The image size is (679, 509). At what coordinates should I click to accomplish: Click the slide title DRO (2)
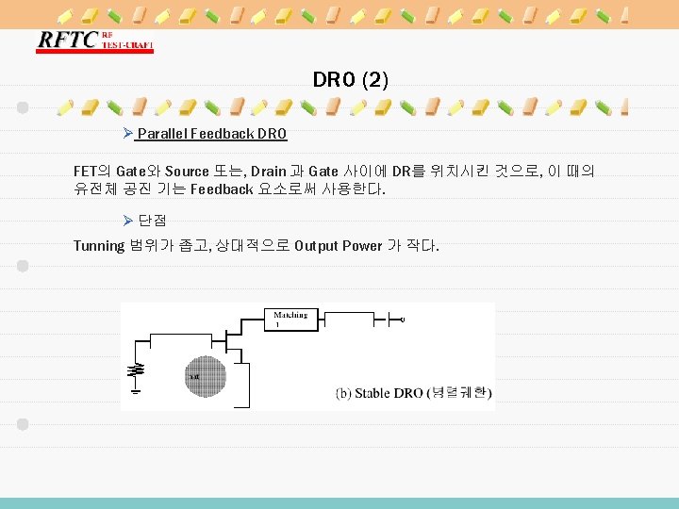pyautogui.click(x=350, y=80)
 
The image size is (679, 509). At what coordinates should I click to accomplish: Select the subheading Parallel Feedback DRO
pyautogui.click(x=211, y=134)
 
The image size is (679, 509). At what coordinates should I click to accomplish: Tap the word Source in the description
pyautogui.click(x=188, y=172)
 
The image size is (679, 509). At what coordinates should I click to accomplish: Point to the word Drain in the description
pyautogui.click(x=269, y=172)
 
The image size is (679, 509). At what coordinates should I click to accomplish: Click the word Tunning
pyautogui.click(x=99, y=246)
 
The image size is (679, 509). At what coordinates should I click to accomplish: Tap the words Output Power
pyautogui.click(x=337, y=246)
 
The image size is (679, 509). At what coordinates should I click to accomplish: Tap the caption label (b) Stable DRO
pyautogui.click(x=379, y=393)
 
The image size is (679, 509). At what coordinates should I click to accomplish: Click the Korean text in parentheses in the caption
pyautogui.click(x=458, y=393)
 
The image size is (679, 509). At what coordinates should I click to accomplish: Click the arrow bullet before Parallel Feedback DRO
pyautogui.click(x=129, y=134)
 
